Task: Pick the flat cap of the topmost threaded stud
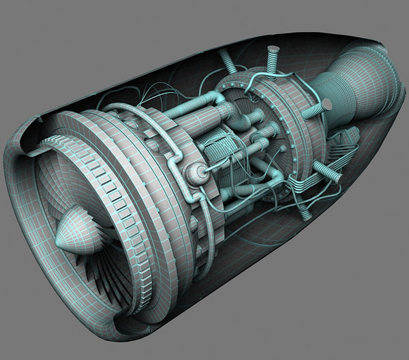click(x=273, y=49)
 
